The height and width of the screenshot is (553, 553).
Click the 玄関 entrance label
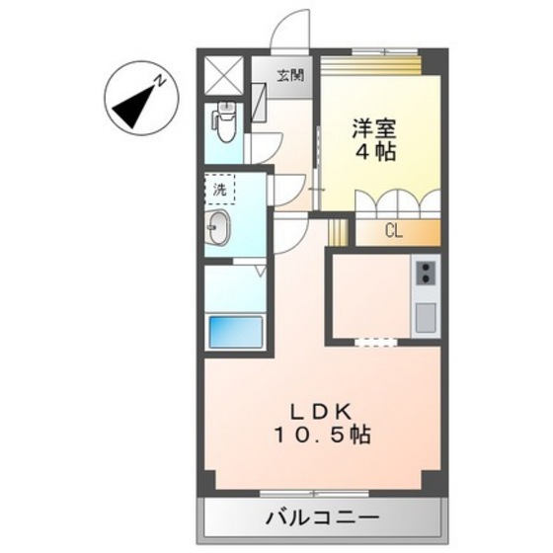pos(289,74)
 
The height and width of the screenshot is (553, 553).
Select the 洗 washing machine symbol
pos(218,187)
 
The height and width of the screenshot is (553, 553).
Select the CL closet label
pos(393,233)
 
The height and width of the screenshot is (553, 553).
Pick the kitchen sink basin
pos(426,318)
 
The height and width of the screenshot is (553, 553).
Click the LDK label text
pos(319,412)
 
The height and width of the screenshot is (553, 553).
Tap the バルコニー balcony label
pos(322,517)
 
